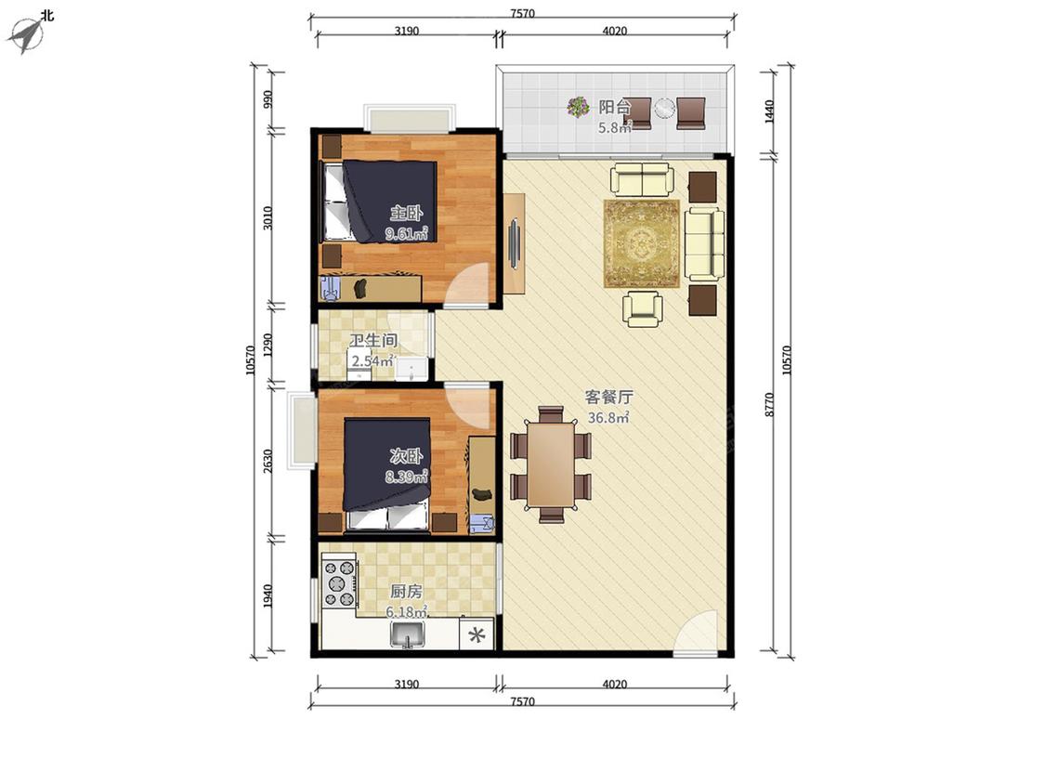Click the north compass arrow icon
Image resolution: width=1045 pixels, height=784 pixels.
[x=25, y=34]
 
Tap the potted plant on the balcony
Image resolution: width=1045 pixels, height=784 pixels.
[x=578, y=107]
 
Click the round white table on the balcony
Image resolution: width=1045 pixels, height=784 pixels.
[x=664, y=108]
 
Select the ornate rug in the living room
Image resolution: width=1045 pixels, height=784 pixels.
[x=641, y=243]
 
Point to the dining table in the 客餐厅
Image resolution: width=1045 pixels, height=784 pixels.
[x=551, y=464]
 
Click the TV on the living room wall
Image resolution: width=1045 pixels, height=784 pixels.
[x=515, y=243]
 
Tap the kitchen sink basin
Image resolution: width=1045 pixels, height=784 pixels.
[x=408, y=634]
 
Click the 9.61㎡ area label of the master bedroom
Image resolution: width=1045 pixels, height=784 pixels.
[x=406, y=233]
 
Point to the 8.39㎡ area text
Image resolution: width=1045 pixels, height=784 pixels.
[x=406, y=477]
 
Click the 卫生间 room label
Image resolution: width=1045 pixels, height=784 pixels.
[x=373, y=340]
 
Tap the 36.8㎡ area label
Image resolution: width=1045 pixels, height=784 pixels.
[x=608, y=418]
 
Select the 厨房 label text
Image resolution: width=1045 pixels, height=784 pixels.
[x=406, y=592]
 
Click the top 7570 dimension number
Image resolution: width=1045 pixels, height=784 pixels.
[x=522, y=13]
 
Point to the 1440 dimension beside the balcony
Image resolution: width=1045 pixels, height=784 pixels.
[x=770, y=111]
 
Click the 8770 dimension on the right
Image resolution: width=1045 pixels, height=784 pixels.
[x=770, y=405]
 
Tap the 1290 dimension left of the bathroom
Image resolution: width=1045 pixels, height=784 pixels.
[x=268, y=345]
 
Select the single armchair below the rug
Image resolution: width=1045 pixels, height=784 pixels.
[x=643, y=309]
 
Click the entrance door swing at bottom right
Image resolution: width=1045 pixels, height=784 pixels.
[x=697, y=632]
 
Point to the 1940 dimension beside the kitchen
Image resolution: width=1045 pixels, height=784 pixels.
[x=268, y=596]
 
